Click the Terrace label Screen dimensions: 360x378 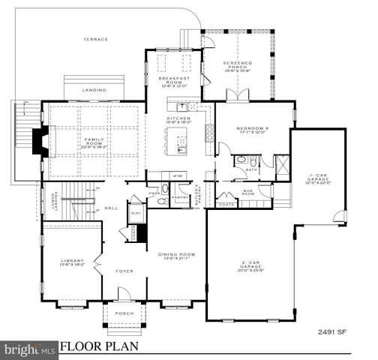[x=95, y=40]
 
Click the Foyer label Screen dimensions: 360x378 [x=124, y=271]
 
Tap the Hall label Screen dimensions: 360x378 [x=110, y=208]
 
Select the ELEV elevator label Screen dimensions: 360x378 [x=136, y=213]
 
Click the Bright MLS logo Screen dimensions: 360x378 [x=28, y=349]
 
